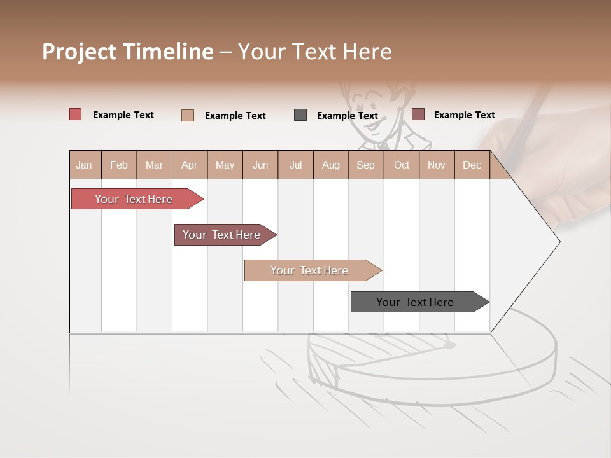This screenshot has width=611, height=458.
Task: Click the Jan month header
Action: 84,165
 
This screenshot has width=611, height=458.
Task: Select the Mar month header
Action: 154,165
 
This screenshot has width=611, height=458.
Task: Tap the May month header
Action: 225,165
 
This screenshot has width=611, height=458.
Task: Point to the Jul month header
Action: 295,165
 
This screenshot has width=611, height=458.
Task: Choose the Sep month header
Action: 365,165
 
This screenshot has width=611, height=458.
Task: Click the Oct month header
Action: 402,165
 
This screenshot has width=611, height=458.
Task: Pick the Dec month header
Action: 472,165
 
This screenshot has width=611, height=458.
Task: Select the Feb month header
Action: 119,165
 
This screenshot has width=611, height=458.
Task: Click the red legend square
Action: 76,114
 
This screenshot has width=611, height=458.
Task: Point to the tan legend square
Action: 188,115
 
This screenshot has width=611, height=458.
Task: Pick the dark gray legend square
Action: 300,115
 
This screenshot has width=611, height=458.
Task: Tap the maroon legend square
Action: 418,114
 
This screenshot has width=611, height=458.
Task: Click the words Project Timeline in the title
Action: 128,52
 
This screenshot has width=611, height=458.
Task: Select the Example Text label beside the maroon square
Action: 464,115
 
